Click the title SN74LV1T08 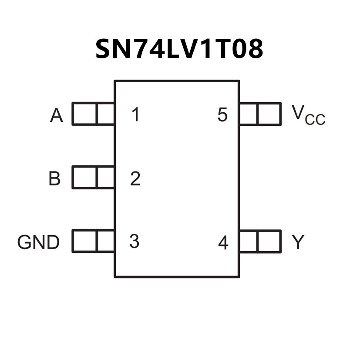[179, 49]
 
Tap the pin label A [57, 116]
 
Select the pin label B [54, 178]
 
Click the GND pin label [38, 242]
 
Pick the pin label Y [298, 242]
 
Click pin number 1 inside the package [136, 115]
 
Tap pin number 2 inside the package [135, 178]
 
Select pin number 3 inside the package [135, 242]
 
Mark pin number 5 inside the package [222, 115]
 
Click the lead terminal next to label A [93, 114]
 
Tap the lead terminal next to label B [93, 177]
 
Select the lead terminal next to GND [93, 241]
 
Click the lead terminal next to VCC [260, 114]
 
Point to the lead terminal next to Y [260, 241]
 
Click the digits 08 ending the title [249, 49]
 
